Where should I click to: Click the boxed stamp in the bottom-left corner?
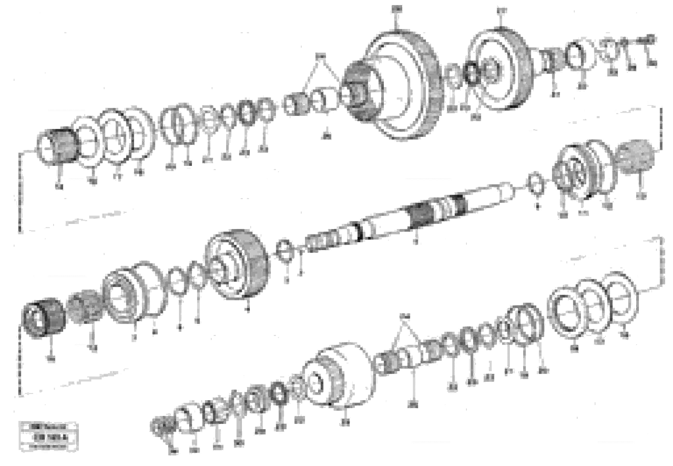(48, 436)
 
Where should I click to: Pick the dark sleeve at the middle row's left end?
(44, 318)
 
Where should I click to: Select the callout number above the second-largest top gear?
(502, 11)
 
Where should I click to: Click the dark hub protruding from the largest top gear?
(358, 90)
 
